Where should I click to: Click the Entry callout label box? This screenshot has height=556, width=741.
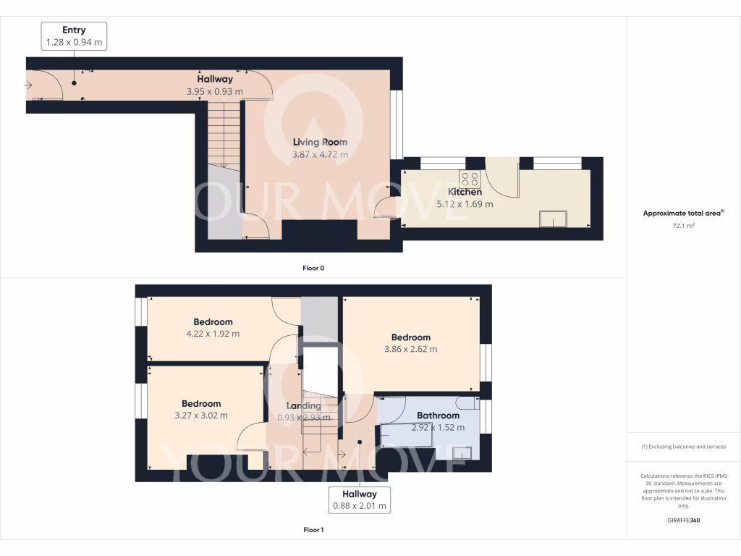74,36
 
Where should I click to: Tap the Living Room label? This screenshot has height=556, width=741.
320,142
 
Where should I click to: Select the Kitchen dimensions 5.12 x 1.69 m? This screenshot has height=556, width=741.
465,204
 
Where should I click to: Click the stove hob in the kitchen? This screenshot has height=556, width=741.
470,180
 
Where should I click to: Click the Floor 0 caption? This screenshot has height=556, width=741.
313,268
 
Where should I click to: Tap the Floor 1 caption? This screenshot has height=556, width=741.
313,530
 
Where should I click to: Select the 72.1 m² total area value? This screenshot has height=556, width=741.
683,226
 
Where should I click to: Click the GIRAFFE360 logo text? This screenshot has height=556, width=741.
684,520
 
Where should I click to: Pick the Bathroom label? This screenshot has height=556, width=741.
438,416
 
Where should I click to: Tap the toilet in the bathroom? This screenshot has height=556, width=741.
467,402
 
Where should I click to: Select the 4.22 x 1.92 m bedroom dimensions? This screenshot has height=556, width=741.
213,334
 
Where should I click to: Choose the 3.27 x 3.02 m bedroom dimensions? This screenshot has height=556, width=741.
201,416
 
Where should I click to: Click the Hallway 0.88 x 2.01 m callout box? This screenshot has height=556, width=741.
360,500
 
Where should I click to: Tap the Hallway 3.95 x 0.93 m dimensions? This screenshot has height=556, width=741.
215,92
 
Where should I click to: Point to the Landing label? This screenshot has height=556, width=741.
303,405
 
